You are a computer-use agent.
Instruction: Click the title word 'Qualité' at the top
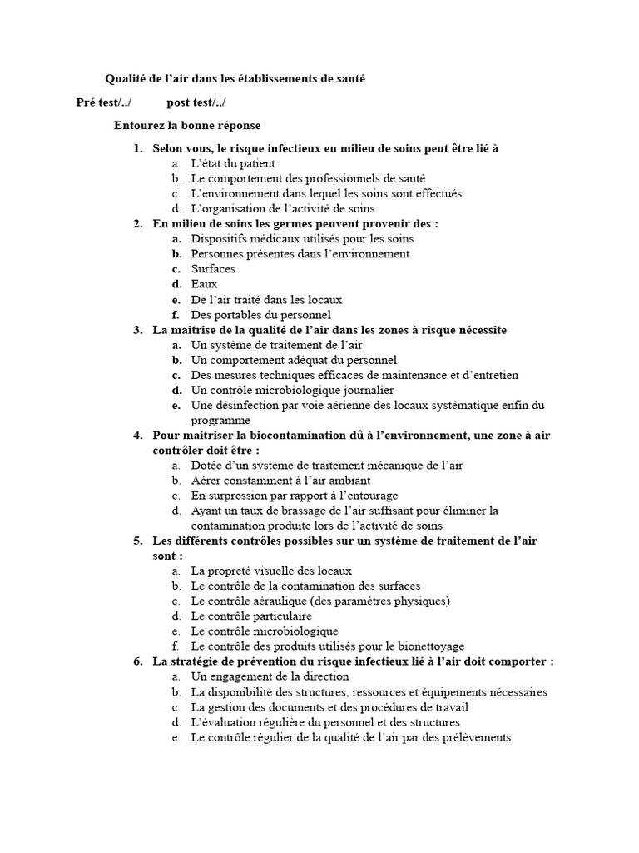126,79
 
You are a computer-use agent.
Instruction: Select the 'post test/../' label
196,102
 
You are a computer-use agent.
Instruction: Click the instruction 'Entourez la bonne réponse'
187,126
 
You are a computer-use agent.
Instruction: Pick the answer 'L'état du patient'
232,163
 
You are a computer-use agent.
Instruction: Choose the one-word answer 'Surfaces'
213,269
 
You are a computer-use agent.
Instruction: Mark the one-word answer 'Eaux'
204,284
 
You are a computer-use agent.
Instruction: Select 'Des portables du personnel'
260,314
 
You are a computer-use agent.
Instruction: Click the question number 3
137,330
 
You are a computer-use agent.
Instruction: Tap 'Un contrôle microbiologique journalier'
292,390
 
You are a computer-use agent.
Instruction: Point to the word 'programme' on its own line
220,421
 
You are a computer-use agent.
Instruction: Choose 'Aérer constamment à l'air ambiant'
280,481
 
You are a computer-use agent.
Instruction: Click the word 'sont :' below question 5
167,556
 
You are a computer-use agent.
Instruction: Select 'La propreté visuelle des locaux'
271,571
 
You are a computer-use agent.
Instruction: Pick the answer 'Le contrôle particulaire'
251,616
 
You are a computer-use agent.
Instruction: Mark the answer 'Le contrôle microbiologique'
265,631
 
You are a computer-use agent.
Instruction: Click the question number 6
137,661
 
